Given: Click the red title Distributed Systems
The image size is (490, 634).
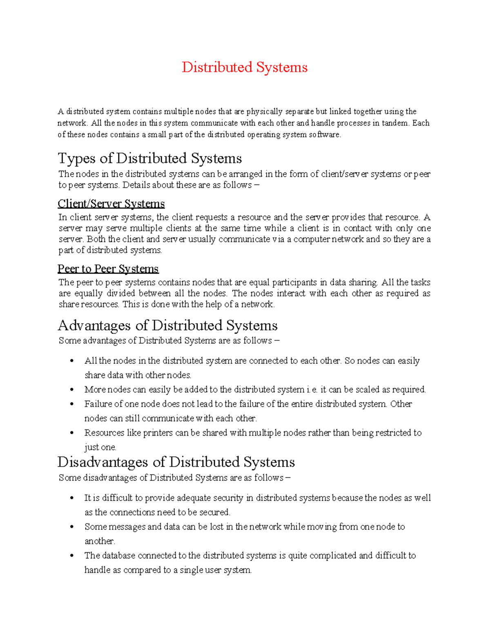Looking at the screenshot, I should [x=244, y=67].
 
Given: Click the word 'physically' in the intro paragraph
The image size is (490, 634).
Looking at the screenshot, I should [x=264, y=111].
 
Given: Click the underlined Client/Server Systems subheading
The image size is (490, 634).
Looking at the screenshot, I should [x=111, y=204].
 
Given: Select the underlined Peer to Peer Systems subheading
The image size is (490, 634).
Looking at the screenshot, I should [x=108, y=269].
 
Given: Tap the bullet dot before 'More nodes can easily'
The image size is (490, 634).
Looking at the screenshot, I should [x=72, y=390].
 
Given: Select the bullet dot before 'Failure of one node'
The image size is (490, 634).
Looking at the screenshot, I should [x=72, y=404].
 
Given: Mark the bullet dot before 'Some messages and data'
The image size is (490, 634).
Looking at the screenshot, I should [x=72, y=527].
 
